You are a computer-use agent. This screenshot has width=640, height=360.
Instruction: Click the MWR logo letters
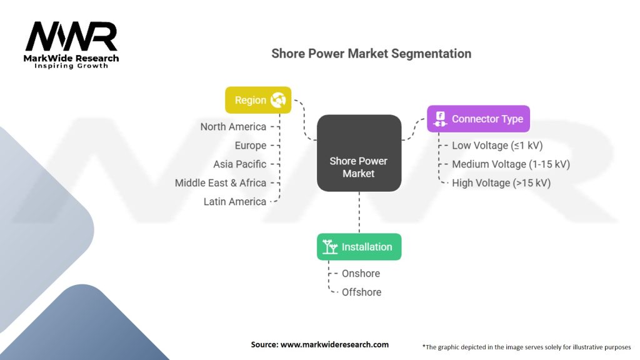pos(71,37)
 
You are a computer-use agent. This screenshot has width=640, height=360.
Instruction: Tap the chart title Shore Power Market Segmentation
pos(371,54)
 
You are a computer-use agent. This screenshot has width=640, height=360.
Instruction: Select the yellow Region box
pos(257,100)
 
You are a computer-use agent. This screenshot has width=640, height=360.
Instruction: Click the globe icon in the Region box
pos(278,100)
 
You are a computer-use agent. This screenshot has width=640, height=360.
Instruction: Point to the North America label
pos(233,127)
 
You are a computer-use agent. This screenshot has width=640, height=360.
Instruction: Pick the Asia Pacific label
pos(240,164)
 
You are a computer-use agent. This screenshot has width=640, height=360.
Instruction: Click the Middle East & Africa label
pos(221,183)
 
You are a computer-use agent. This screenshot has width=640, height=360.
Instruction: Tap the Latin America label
pos(235,202)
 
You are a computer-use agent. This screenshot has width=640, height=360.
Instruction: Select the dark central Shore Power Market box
pos(359,153)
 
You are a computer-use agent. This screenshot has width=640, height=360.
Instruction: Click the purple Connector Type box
pos(478,119)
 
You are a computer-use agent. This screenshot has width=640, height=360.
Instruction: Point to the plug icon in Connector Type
pos(440,119)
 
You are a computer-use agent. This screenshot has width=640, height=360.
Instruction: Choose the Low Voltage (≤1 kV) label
pos(497,146)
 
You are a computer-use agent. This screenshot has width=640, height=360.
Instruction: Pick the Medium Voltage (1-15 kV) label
pos(511,164)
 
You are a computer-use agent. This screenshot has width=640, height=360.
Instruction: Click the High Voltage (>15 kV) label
pos(501,183)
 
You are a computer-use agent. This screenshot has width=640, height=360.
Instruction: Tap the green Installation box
pos(359,247)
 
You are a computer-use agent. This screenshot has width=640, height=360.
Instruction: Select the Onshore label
pos(361,274)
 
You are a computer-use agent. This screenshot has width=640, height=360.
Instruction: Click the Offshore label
pos(361,292)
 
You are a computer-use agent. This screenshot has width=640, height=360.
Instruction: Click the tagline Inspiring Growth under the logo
pos(71,66)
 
